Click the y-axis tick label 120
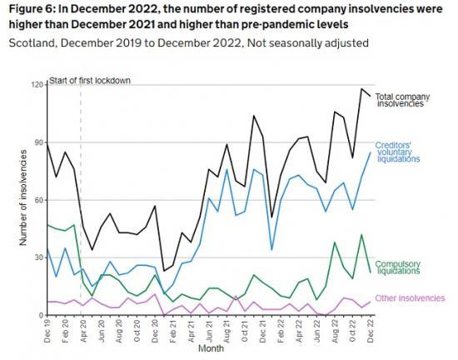tap(37, 85)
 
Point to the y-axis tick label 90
tap(38, 142)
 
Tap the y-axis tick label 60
tap(38, 200)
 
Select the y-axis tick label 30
tap(38, 257)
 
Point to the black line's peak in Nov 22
tap(361, 89)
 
